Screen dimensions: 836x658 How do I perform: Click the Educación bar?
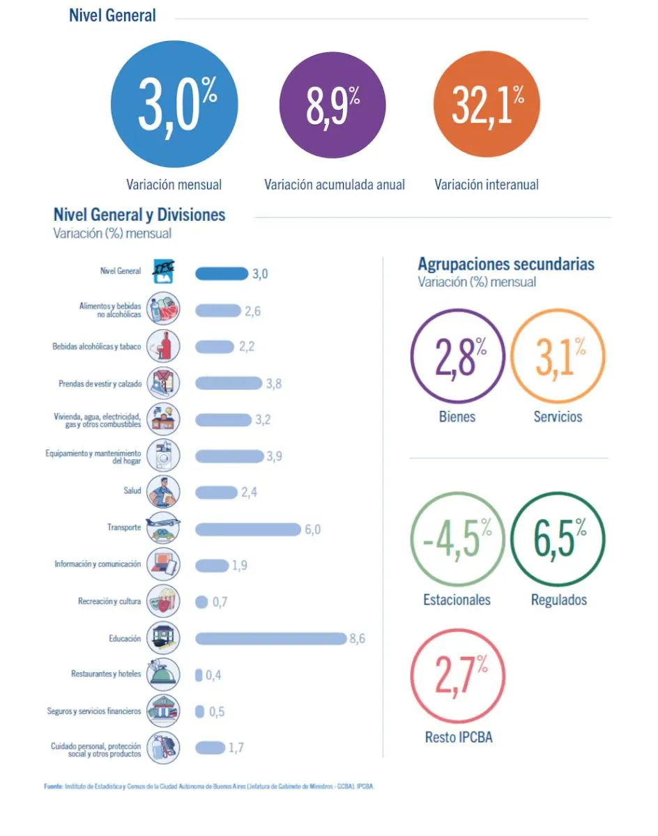pyautogui.click(x=270, y=638)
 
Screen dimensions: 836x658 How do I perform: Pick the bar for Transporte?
pyautogui.click(x=247, y=529)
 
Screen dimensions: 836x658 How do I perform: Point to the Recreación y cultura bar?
pyautogui.click(x=201, y=602)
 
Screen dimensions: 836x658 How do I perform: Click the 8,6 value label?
pyautogui.click(x=357, y=638)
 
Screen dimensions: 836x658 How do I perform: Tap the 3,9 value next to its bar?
pyautogui.click(x=275, y=456)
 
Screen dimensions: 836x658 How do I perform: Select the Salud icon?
pyautogui.click(x=163, y=491)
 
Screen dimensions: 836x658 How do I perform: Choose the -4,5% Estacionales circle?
pyautogui.click(x=457, y=541)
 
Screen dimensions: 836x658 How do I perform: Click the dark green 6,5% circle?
pyautogui.click(x=558, y=541)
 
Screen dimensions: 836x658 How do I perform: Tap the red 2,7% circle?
pyautogui.click(x=457, y=676)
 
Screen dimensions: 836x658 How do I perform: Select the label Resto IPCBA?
pyautogui.click(x=458, y=736)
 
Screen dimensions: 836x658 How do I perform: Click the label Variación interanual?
pyautogui.click(x=487, y=185)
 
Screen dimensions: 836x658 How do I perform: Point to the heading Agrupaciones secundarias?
pyautogui.click(x=506, y=264)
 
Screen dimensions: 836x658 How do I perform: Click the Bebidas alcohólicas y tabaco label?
pyautogui.click(x=97, y=346)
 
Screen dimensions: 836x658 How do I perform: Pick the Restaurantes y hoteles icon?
pyautogui.click(x=163, y=674)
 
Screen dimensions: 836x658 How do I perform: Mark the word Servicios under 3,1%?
pyautogui.click(x=558, y=417)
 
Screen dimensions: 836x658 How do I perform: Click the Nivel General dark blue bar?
pyautogui.click(x=221, y=273)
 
